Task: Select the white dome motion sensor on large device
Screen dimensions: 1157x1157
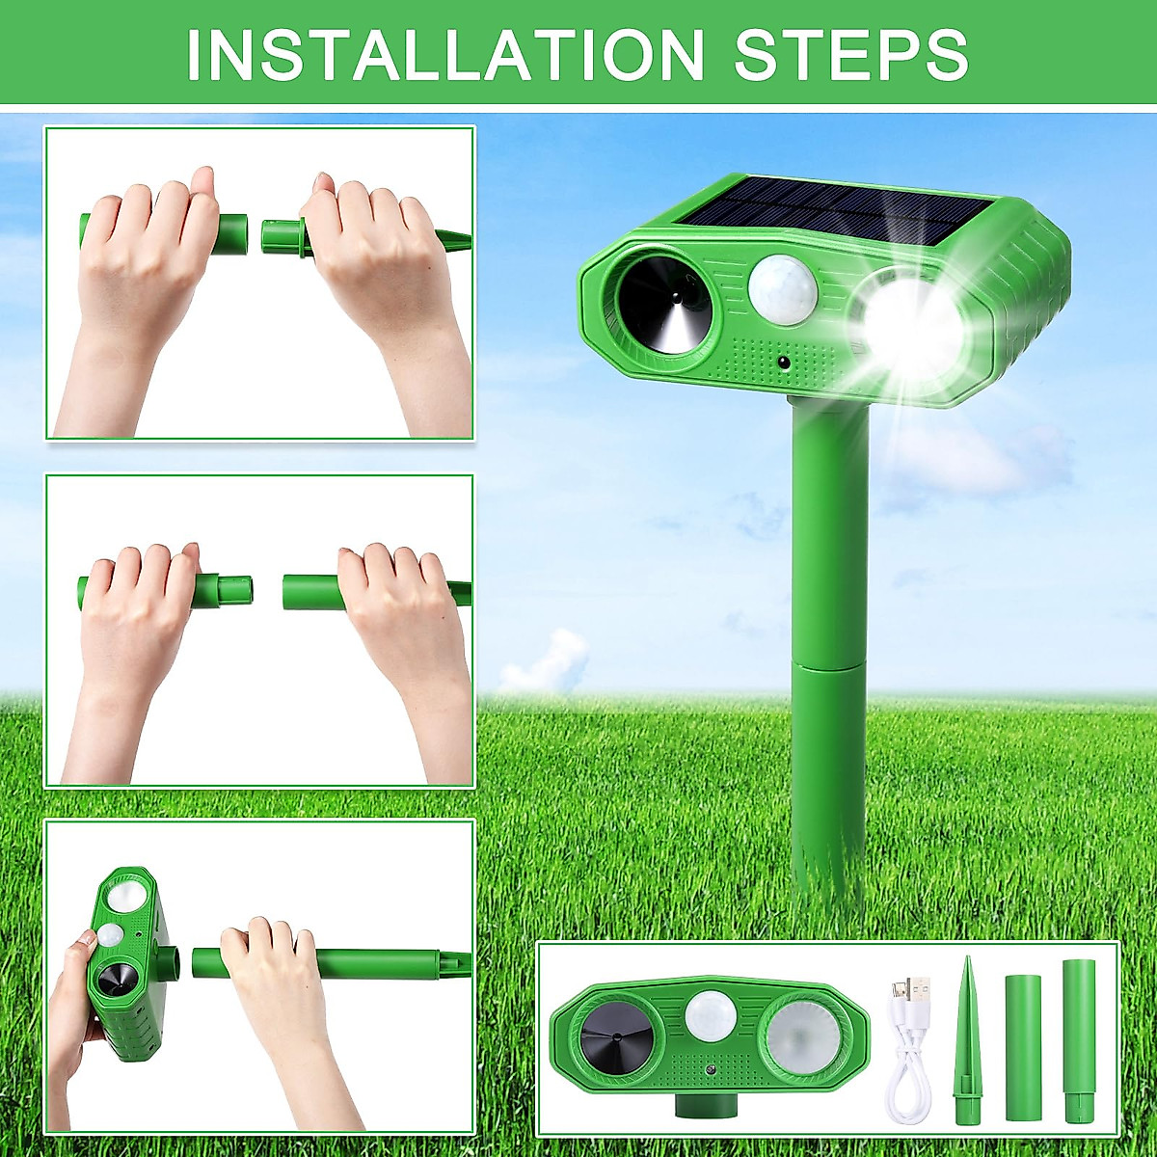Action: point(782,287)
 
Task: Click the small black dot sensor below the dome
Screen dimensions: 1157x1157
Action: point(782,363)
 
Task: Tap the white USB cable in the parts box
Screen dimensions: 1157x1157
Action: point(906,1061)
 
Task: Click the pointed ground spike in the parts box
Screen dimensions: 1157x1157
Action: point(967,1041)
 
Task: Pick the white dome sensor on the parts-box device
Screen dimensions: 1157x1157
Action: point(711,1016)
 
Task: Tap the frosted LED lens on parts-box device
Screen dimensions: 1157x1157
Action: point(803,1036)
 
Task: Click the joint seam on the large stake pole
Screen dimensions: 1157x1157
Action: point(828,663)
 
